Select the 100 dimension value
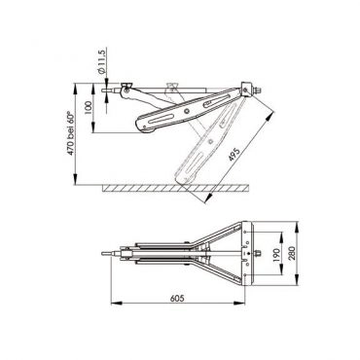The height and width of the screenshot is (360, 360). pyautogui.click(x=88, y=108)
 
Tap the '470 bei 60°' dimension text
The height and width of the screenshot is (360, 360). pyautogui.click(x=70, y=133)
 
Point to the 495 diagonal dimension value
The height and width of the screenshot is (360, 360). pyautogui.click(x=234, y=155)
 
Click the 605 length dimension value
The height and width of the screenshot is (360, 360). pyautogui.click(x=177, y=298)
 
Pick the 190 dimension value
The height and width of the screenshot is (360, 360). pyautogui.click(x=275, y=256)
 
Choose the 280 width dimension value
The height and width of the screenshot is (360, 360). pyautogui.click(x=292, y=253)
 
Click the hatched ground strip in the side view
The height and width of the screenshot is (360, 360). pyautogui.click(x=176, y=188)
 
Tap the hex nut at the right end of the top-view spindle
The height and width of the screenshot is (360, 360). pyautogui.click(x=259, y=253)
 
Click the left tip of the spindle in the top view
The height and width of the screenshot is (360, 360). pyautogui.click(x=102, y=254)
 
